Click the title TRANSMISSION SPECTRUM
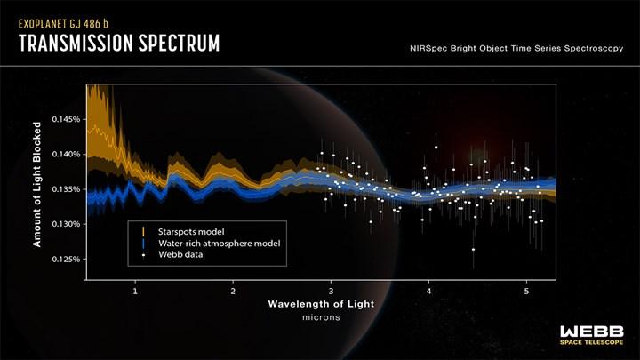pyautogui.click(x=119, y=44)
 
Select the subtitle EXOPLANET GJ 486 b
pyautogui.click(x=63, y=24)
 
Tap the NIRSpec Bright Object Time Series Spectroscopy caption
pyautogui.click(x=516, y=48)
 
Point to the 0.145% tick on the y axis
pyautogui.click(x=66, y=120)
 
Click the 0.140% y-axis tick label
pyautogui.click(x=66, y=155)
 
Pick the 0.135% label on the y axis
pyautogui.click(x=66, y=189)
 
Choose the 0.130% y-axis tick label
pyautogui.click(x=66, y=224)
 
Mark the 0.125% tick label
pyautogui.click(x=66, y=260)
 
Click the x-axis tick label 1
pyautogui.click(x=135, y=292)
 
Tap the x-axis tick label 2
pyautogui.click(x=233, y=292)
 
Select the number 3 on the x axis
pyautogui.click(x=331, y=292)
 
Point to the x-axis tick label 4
pyautogui.click(x=428, y=292)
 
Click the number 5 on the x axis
pyautogui.click(x=526, y=292)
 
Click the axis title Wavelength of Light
pyautogui.click(x=321, y=304)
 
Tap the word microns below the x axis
pyautogui.click(x=321, y=317)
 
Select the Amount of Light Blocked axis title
pyautogui.click(x=37, y=184)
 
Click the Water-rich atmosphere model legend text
pyautogui.click(x=220, y=244)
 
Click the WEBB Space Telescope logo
pyautogui.click(x=592, y=335)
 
